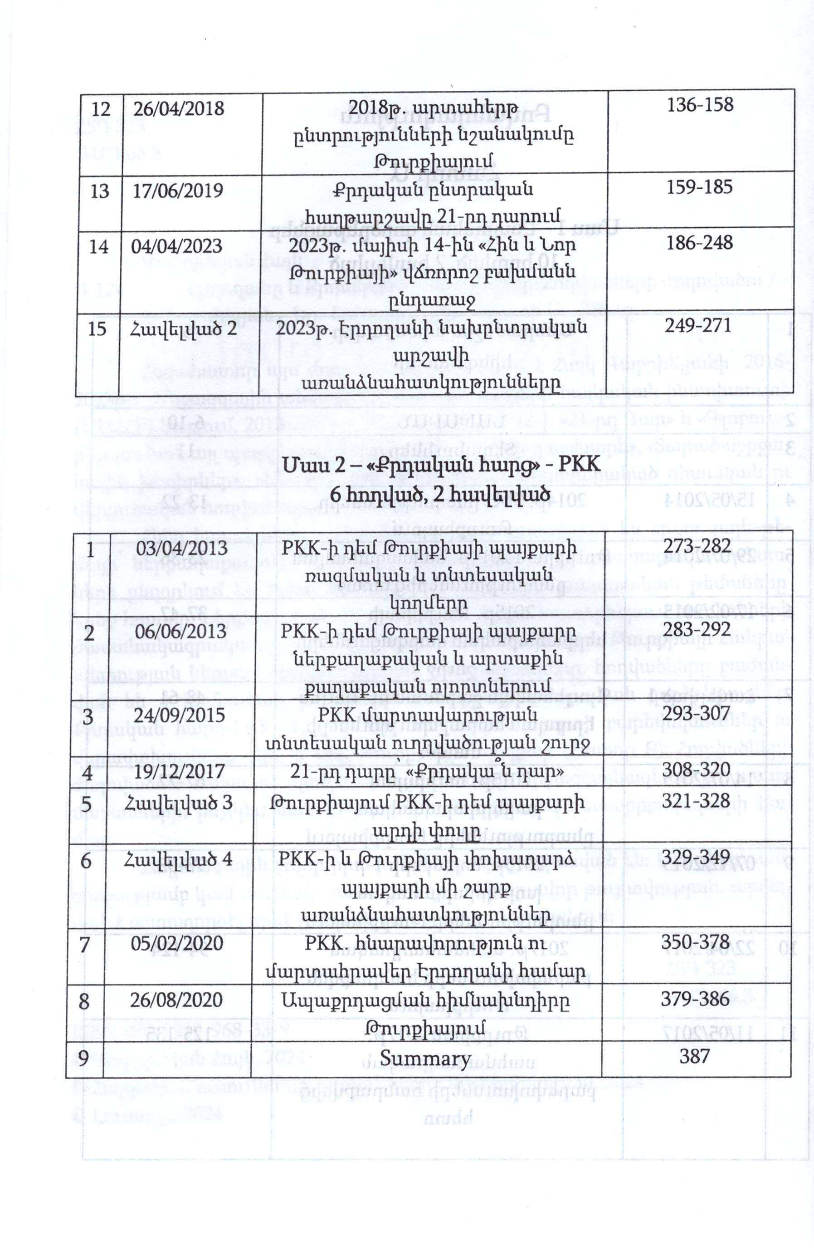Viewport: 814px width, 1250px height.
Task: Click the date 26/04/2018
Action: [178, 109]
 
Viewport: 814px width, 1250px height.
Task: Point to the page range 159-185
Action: [700, 187]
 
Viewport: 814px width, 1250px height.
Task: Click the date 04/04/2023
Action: [177, 246]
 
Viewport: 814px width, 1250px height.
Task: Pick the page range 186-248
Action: [700, 243]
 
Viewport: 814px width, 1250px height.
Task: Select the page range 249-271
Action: [697, 326]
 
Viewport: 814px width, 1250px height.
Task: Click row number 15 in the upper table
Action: [97, 329]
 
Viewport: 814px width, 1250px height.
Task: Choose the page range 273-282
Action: [697, 546]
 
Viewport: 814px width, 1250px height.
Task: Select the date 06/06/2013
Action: [180, 631]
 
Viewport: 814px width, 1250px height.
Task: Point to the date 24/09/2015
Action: [180, 716]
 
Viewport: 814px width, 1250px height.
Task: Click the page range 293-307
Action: [697, 713]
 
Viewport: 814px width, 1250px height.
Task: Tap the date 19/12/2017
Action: [180, 771]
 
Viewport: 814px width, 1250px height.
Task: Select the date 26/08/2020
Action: [177, 1000]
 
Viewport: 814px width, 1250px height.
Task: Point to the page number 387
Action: [694, 1056]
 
